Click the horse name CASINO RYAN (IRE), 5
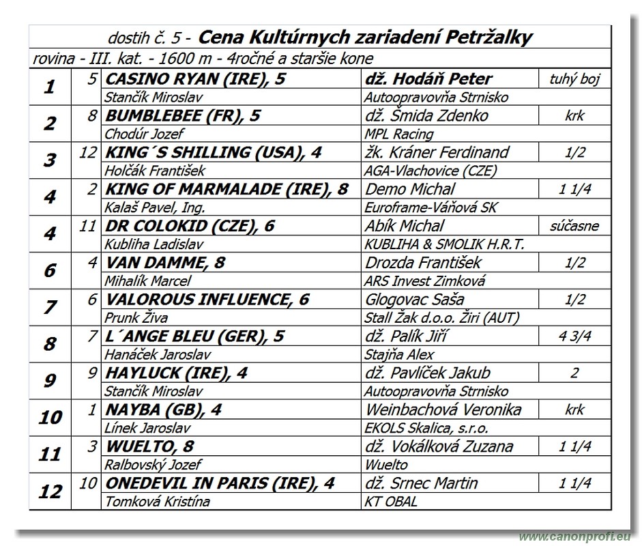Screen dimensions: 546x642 (196, 79)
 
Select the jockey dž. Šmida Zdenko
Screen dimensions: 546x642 (427, 115)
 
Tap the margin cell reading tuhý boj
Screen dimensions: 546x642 (574, 79)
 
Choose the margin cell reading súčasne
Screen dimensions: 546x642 (574, 226)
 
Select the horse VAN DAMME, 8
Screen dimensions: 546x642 (166, 263)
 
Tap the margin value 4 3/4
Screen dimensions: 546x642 (574, 336)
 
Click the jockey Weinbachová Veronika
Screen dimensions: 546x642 (443, 409)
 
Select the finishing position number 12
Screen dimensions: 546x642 (50, 491)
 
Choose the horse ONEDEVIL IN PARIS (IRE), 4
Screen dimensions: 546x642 (220, 483)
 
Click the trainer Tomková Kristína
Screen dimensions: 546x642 (157, 502)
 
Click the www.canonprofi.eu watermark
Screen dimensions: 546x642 (574, 537)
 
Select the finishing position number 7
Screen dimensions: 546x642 (50, 307)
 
